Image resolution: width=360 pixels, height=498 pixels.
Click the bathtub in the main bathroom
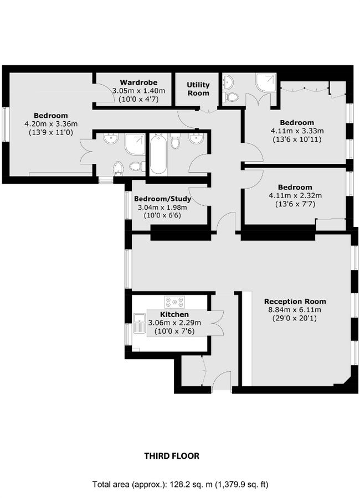point(158,154)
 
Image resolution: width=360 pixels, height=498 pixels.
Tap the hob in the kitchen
point(174,302)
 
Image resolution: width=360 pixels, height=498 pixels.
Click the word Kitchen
point(174,314)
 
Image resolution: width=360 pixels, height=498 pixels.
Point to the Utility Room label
point(198,89)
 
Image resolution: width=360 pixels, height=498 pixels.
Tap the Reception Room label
point(295,301)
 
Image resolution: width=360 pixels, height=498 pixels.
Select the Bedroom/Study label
point(163,199)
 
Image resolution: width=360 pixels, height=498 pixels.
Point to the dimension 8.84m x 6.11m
point(295,310)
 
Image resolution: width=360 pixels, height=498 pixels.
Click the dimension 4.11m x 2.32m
point(295,196)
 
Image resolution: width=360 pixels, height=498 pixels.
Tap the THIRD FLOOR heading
point(172,456)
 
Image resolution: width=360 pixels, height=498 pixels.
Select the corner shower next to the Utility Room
point(264,83)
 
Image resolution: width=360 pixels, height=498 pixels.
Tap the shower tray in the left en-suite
point(135,144)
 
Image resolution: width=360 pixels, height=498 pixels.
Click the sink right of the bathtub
point(196,138)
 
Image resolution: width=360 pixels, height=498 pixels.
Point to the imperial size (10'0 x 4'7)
point(131,100)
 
